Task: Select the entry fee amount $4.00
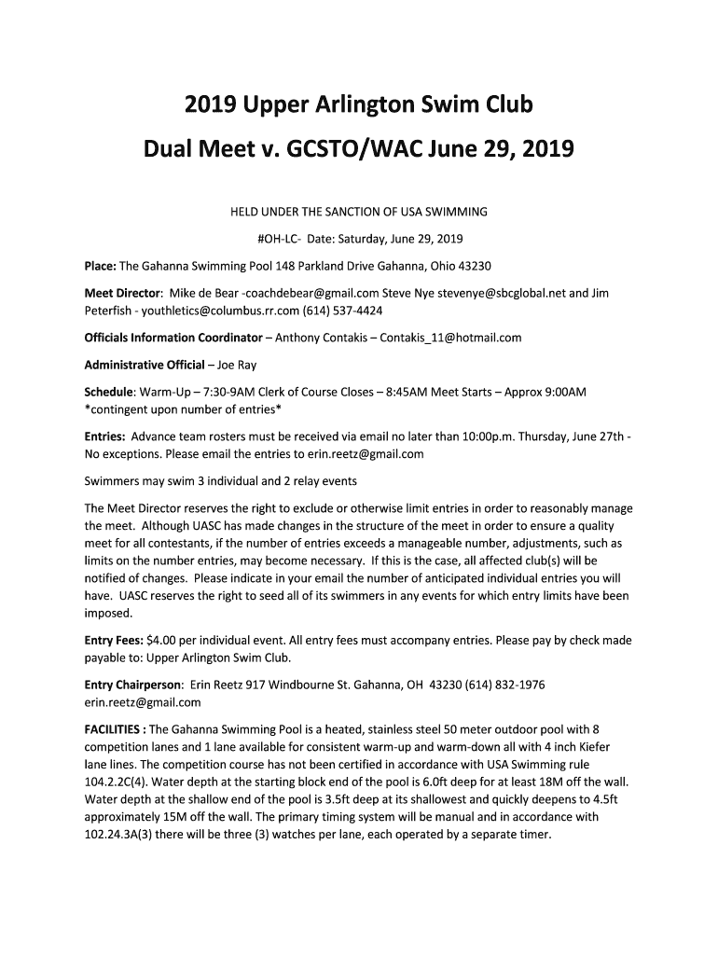click(x=160, y=641)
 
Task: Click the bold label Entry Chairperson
click(x=133, y=685)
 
